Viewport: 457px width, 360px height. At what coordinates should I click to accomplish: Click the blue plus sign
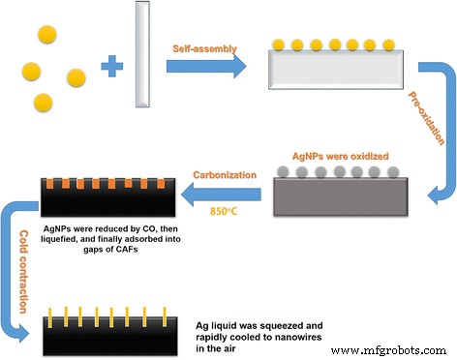(x=113, y=66)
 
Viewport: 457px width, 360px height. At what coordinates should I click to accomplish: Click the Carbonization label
(x=224, y=175)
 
